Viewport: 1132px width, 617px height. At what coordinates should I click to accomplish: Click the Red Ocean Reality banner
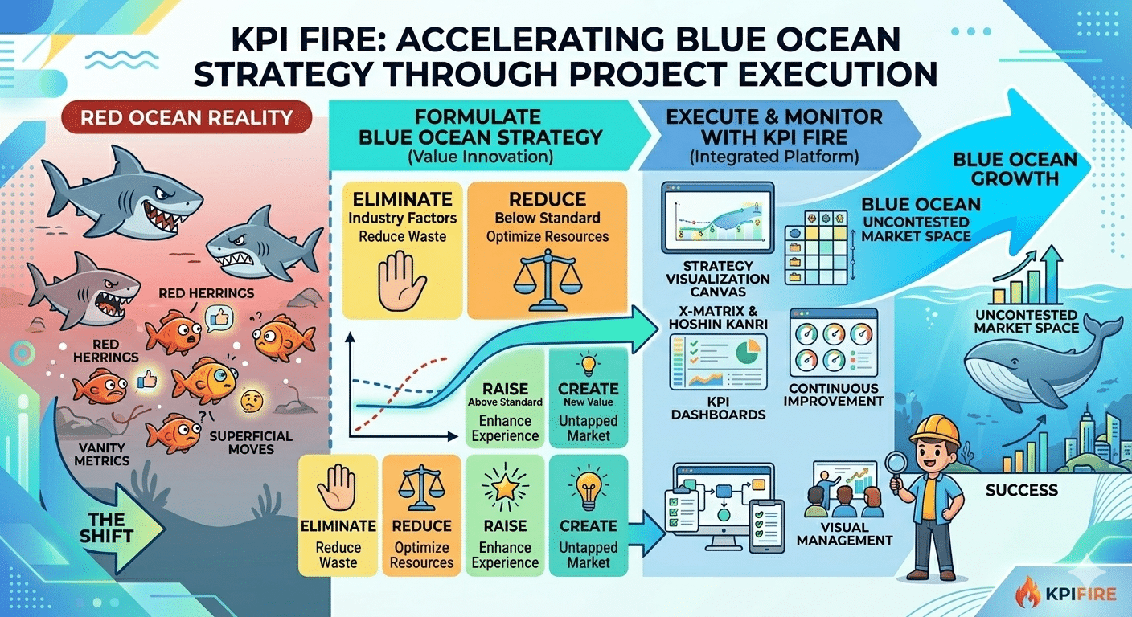(x=187, y=118)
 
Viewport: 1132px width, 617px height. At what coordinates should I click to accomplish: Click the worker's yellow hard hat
(x=934, y=431)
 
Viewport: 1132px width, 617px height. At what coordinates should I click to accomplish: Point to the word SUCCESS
(x=1021, y=489)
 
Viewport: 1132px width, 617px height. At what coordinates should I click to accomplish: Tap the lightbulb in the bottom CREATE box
(x=588, y=487)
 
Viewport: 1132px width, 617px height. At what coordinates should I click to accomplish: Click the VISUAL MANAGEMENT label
(x=844, y=534)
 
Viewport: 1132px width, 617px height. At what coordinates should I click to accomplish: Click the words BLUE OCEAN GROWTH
(x=1015, y=168)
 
